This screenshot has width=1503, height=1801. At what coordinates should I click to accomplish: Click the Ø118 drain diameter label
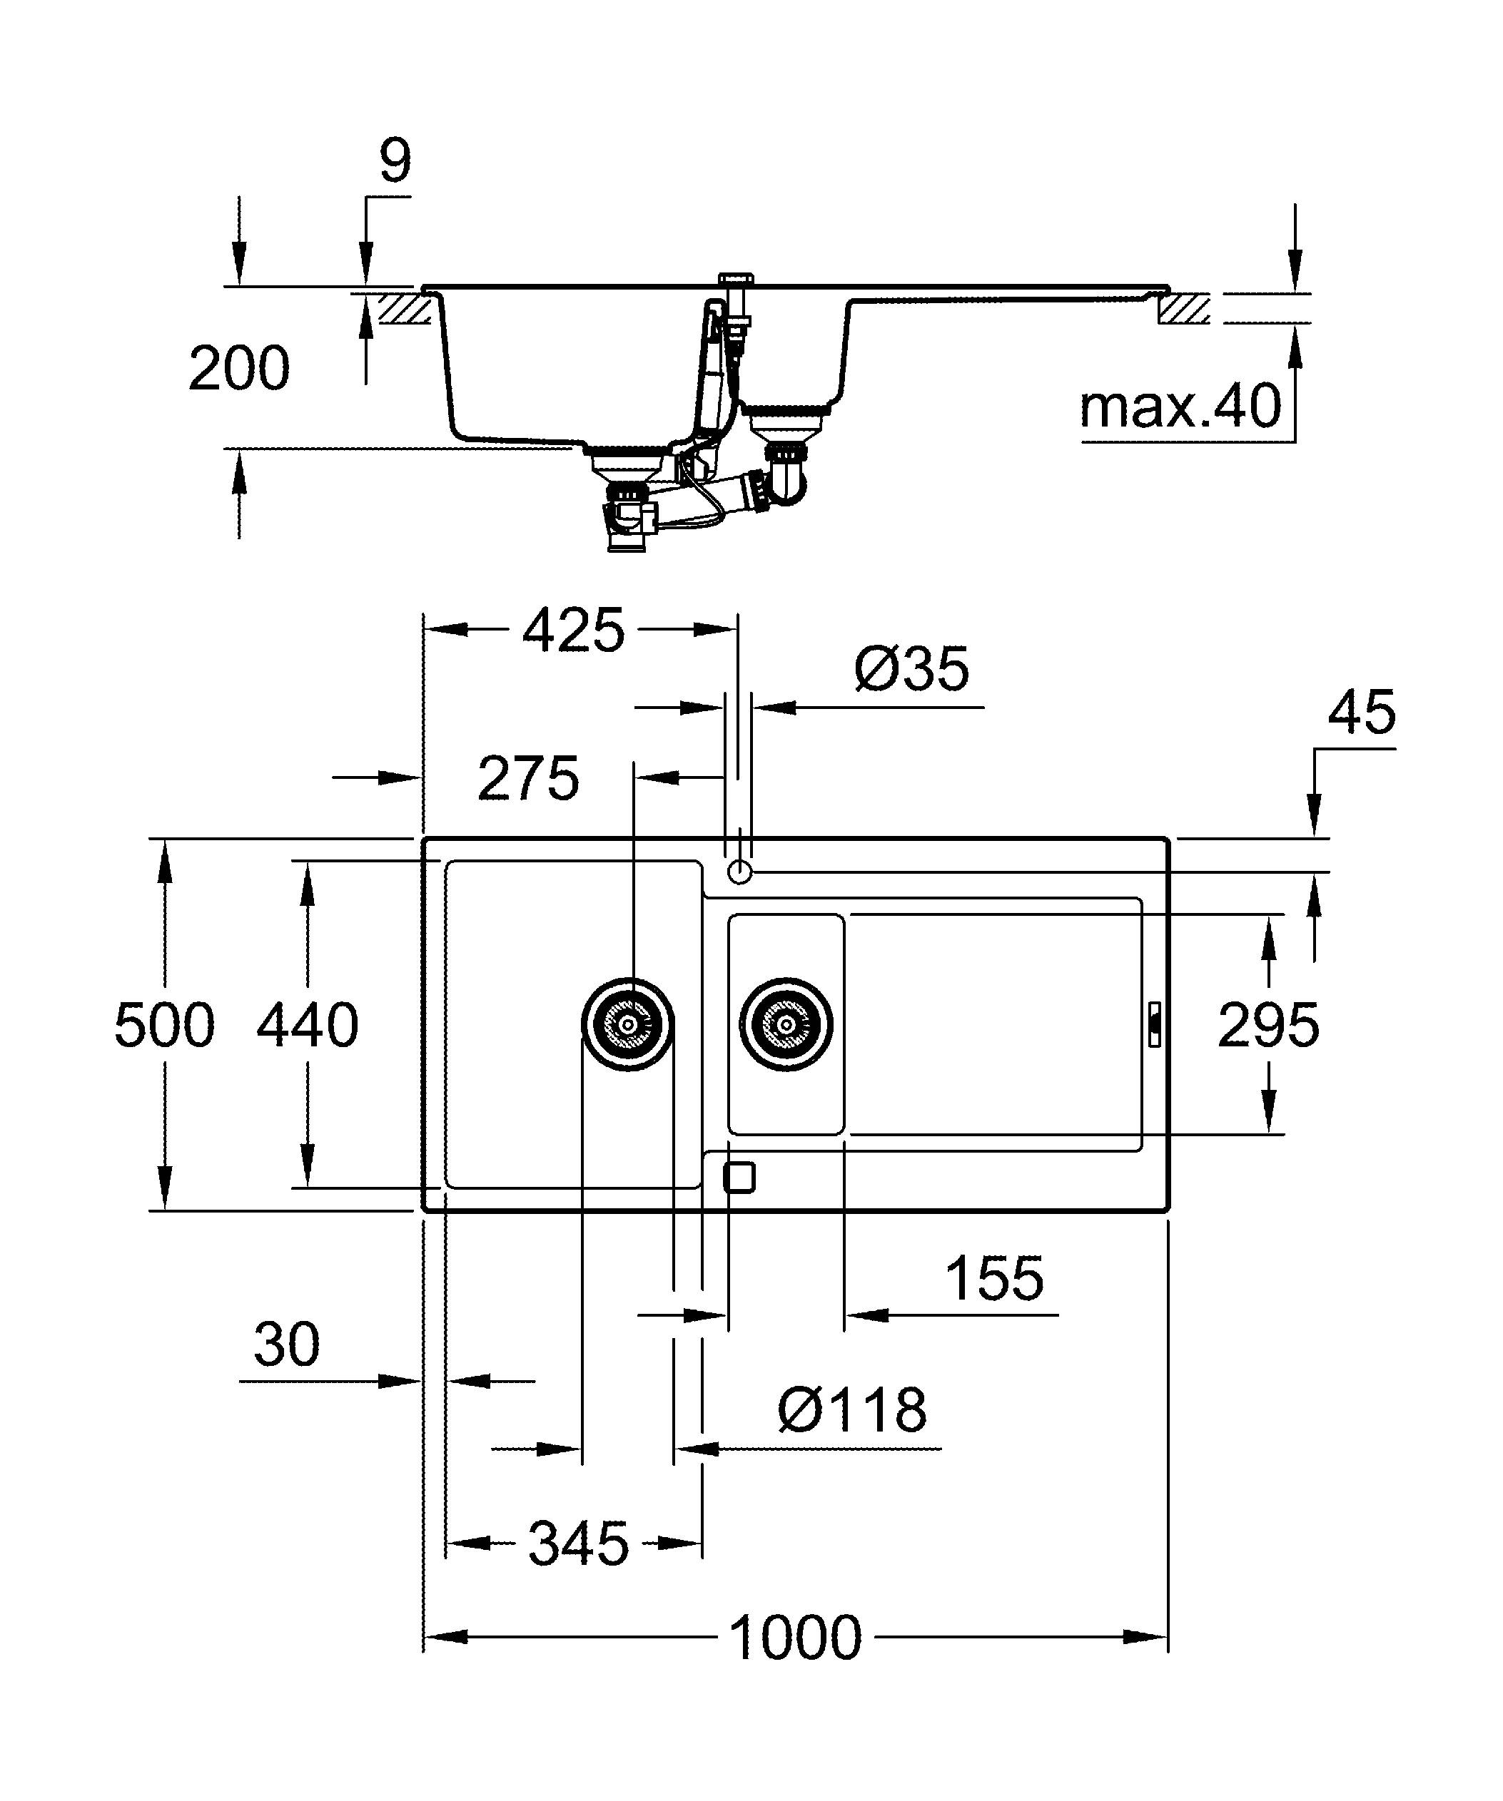pyautogui.click(x=852, y=1410)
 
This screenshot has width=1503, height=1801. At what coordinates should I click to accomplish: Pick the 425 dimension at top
pyautogui.click(x=573, y=631)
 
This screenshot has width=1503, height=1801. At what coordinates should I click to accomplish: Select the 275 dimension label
pyautogui.click(x=528, y=779)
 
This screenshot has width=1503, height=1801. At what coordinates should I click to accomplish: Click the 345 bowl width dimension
pyautogui.click(x=577, y=1544)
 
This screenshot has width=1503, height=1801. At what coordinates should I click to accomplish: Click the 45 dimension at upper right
pyautogui.click(x=1362, y=712)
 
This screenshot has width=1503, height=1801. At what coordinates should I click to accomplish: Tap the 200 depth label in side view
pyautogui.click(x=238, y=369)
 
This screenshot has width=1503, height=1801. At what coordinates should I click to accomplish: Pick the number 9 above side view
pyautogui.click(x=395, y=160)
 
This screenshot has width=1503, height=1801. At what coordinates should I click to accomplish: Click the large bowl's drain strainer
pyautogui.click(x=628, y=1024)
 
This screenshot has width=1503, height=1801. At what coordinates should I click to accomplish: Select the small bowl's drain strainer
pyautogui.click(x=786, y=1024)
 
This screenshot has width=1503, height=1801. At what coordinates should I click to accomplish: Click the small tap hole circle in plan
pyautogui.click(x=739, y=872)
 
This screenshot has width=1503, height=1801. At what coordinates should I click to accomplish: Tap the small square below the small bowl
pyautogui.click(x=739, y=1178)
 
